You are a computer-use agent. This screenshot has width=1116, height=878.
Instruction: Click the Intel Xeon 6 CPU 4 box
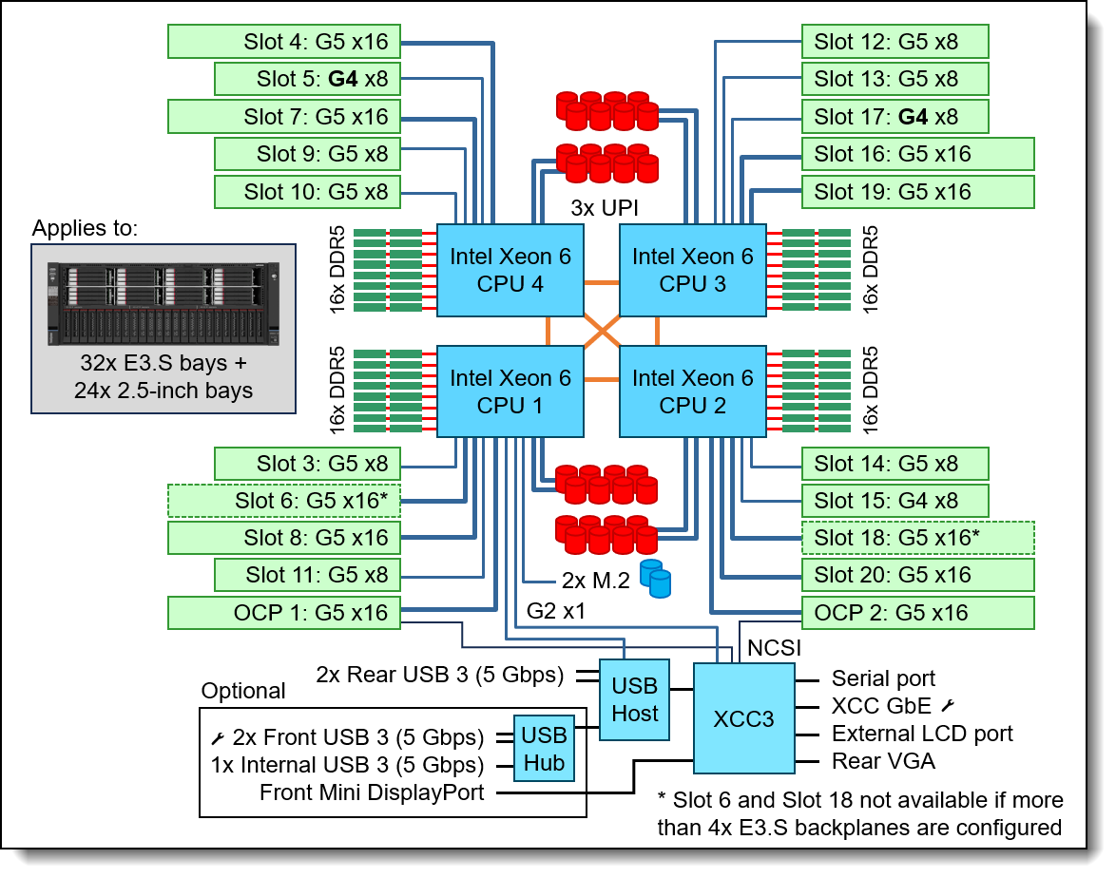pyautogui.click(x=510, y=270)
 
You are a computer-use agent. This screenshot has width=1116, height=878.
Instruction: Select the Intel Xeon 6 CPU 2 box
pyautogui.click(x=692, y=391)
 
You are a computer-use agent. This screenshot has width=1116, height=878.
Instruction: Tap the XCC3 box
pyautogui.click(x=743, y=718)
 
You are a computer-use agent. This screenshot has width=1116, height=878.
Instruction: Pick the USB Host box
pyautogui.click(x=634, y=699)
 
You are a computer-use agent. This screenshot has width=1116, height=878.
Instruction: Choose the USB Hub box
pyautogui.click(x=544, y=749)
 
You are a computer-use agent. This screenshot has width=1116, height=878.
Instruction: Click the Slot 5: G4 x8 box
pyautogui.click(x=307, y=79)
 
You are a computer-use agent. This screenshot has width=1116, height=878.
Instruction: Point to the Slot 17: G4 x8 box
pyautogui.click(x=895, y=117)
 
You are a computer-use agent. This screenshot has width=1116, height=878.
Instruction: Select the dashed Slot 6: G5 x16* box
pyautogui.click(x=284, y=501)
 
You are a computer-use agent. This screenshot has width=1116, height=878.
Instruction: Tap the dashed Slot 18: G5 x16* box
pyautogui.click(x=917, y=538)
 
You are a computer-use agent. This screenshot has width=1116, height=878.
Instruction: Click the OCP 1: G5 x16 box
pyautogui.click(x=284, y=613)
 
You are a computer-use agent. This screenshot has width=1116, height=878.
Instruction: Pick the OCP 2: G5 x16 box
pyautogui.click(x=917, y=613)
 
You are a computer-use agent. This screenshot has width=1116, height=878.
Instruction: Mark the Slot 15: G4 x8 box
pyautogui.click(x=895, y=501)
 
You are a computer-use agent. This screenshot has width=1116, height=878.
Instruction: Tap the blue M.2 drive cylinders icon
pyautogui.click(x=655, y=578)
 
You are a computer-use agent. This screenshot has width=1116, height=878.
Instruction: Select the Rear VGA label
pyautogui.click(x=882, y=760)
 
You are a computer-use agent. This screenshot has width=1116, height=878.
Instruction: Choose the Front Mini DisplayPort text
pyautogui.click(x=372, y=792)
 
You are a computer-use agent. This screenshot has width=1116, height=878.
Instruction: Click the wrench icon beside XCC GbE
pyautogui.click(x=948, y=706)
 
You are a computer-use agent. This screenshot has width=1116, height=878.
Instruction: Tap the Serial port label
pyautogui.click(x=883, y=678)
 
